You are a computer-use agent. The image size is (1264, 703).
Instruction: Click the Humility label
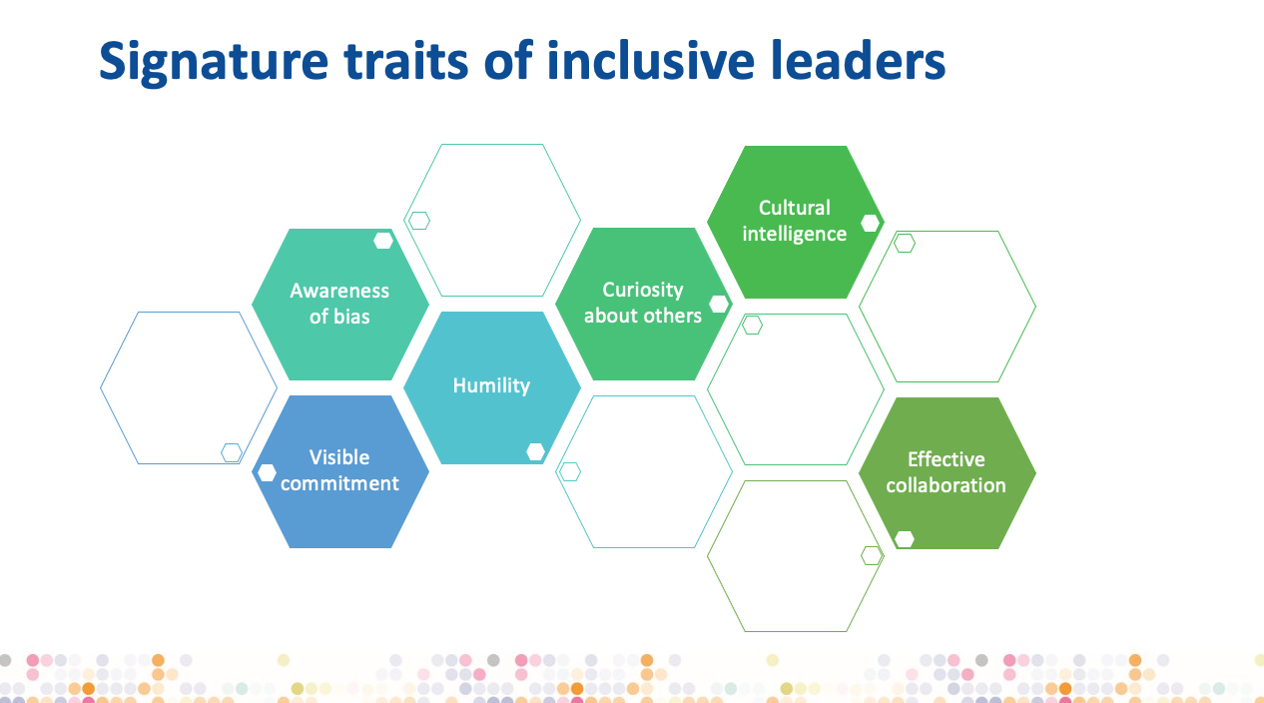[491, 385]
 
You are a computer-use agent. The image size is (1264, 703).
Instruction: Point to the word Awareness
[339, 291]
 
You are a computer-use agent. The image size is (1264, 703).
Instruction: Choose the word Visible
[339, 457]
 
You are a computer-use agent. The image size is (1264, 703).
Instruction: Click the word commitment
[339, 483]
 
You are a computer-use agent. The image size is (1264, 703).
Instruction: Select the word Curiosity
[643, 290]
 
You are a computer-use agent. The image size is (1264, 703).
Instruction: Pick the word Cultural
[795, 208]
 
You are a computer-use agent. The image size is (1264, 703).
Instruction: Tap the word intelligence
[795, 234]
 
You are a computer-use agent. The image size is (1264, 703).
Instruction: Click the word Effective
[947, 459]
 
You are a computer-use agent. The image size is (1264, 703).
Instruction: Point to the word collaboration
[947, 485]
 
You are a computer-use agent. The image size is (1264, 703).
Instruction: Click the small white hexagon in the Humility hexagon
[536, 452]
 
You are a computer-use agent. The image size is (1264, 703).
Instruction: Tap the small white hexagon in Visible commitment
[267, 472]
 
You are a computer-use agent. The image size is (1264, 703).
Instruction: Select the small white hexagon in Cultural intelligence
[870, 223]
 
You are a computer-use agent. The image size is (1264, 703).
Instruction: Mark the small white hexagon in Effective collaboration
[905, 539]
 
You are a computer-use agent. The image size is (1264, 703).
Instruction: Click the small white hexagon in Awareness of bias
[383, 240]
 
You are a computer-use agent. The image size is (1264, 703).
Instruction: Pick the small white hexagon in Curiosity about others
[719, 305]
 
